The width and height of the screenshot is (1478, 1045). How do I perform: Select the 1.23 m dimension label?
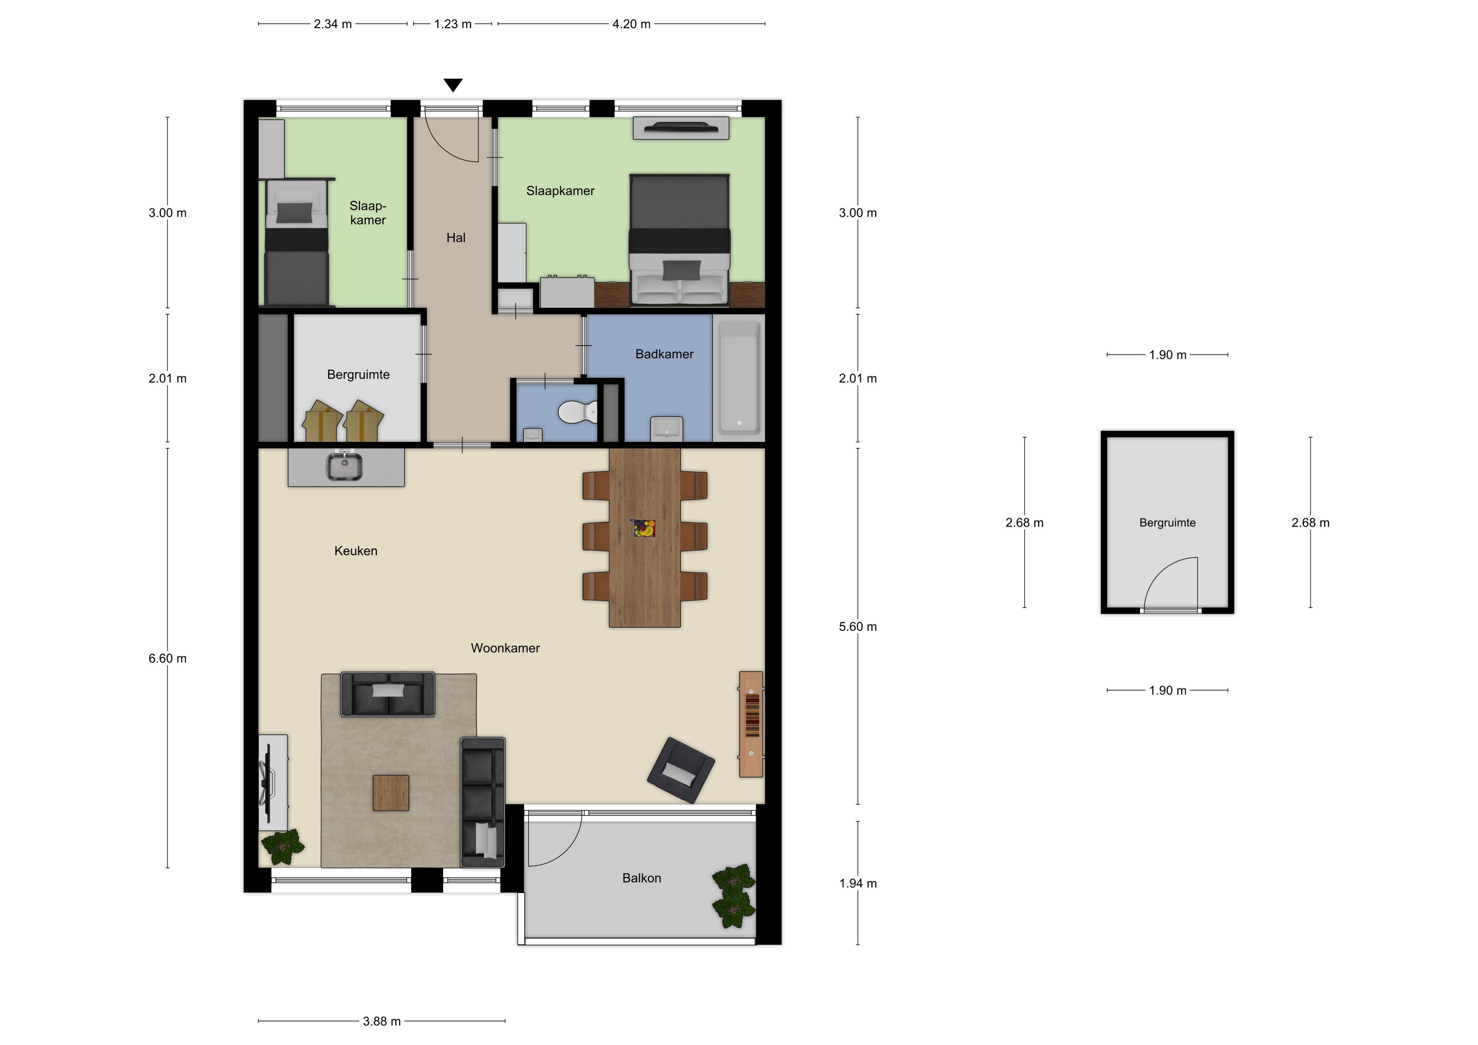pyautogui.click(x=453, y=24)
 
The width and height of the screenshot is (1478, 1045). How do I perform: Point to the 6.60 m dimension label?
pyautogui.click(x=167, y=658)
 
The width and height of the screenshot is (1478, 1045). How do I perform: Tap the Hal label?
pyautogui.click(x=456, y=237)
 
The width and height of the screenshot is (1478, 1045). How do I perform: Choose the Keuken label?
pyautogui.click(x=355, y=550)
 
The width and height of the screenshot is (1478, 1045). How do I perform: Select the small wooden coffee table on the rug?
pyautogui.click(x=391, y=793)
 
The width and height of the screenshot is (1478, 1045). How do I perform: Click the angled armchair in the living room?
pyautogui.click(x=681, y=770)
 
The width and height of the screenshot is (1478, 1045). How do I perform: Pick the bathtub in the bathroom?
pyautogui.click(x=738, y=377)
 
